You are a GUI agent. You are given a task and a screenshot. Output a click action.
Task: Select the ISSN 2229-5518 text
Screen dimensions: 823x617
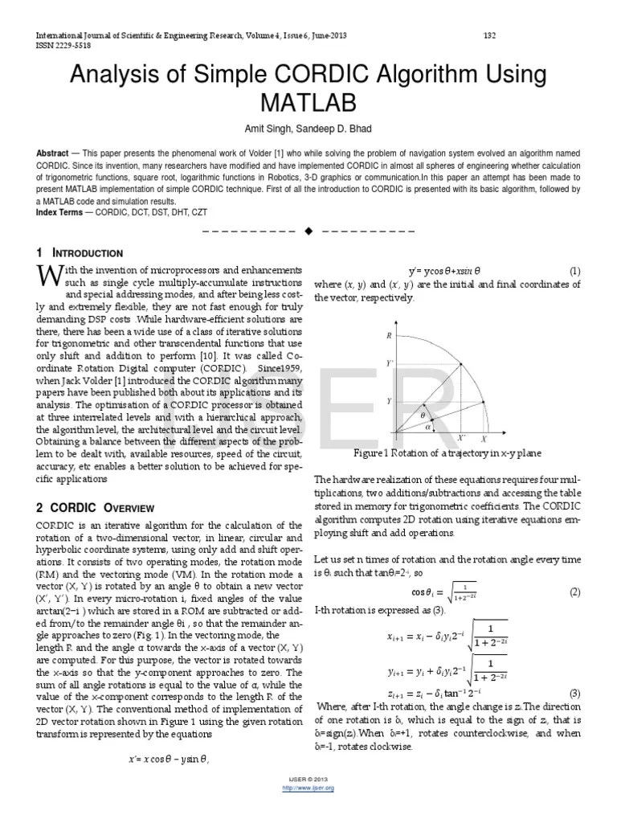point(63,46)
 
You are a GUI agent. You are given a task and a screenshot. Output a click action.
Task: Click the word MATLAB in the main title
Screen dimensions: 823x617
point(308,103)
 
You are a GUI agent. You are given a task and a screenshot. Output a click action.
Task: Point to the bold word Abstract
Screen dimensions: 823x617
point(52,153)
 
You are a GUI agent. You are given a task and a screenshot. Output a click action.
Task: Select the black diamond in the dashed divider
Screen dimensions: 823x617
point(308,232)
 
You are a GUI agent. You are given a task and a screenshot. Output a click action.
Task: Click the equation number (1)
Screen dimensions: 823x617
point(575,271)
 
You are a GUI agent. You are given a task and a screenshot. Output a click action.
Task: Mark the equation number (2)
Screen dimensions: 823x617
point(575,592)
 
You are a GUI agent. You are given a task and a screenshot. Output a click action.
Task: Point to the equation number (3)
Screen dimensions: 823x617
point(575,693)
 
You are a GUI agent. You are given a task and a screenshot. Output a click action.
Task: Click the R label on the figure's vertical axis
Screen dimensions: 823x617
point(389,334)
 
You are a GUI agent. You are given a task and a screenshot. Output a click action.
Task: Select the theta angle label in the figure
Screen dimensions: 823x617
point(423,415)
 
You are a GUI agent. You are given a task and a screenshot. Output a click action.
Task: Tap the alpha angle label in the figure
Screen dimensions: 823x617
point(427,427)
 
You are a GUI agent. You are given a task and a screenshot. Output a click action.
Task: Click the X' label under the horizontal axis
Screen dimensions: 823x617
point(461,439)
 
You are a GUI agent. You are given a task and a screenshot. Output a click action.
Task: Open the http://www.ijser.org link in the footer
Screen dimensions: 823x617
point(309,788)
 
